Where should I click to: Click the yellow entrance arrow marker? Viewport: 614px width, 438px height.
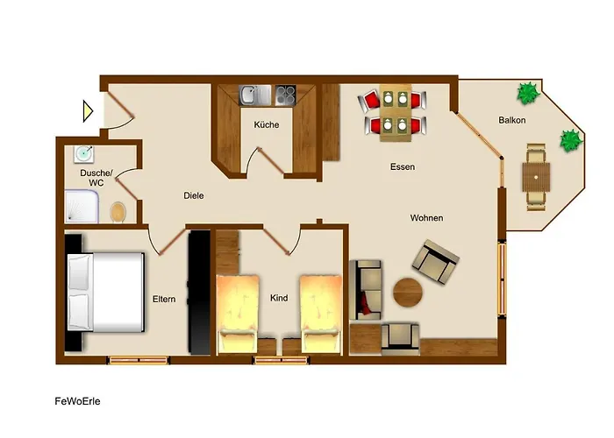pos(88,111)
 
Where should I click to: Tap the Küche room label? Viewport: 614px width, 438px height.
pos(267,124)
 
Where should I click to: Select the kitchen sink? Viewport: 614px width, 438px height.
pos(255,95)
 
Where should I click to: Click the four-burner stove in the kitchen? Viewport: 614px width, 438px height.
pos(285,95)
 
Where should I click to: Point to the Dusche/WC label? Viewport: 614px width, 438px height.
pos(96,178)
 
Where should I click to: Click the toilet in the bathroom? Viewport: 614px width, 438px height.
pos(118,212)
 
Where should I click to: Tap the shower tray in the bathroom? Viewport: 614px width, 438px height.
pos(82,207)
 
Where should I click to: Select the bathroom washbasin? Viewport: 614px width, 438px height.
pos(84,153)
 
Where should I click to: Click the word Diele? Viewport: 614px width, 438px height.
pos(194,195)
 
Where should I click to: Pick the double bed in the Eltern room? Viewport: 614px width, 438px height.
pos(106,292)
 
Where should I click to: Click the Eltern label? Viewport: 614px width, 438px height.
pos(164,300)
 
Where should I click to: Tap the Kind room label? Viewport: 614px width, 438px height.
pos(279,298)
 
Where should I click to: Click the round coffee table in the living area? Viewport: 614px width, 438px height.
pos(408,292)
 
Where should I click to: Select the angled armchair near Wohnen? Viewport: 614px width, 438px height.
pos(435,262)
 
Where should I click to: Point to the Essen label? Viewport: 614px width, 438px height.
pos(403,167)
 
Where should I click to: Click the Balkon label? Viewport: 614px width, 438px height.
pos(511,120)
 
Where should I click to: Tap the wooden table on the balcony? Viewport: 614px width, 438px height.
pos(536,177)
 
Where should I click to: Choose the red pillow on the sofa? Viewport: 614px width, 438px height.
pos(366,303)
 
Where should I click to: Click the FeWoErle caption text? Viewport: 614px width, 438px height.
pos(77,401)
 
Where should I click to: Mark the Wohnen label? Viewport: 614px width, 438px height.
pos(427,218)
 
